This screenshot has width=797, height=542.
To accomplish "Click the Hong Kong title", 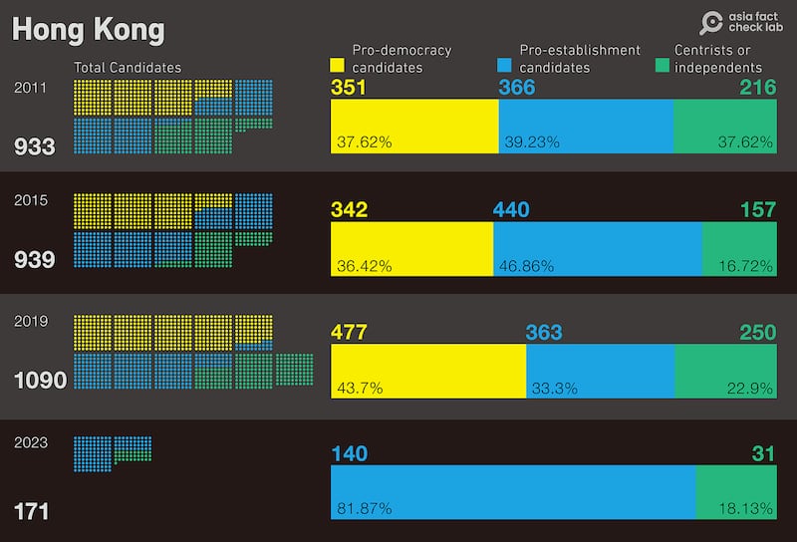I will (88, 29).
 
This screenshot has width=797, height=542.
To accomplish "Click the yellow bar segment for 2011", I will (413, 125).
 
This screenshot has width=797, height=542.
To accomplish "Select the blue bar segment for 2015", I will (598, 248).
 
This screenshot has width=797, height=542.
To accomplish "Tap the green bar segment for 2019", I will (725, 371).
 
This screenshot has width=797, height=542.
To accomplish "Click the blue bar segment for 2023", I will (513, 492).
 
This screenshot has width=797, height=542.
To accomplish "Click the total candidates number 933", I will (34, 147).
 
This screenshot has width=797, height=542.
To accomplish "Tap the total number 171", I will (31, 512).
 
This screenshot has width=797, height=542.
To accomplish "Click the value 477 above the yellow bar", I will (349, 332).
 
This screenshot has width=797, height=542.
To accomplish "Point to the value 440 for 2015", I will (511, 209).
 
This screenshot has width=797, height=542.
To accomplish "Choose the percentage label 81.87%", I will (364, 509).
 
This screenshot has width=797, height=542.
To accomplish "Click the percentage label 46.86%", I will (530, 266).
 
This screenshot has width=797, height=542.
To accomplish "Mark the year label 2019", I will (30, 322).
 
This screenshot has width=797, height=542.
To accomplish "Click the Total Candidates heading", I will (128, 67).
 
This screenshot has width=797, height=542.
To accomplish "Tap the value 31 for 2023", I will (764, 454).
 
